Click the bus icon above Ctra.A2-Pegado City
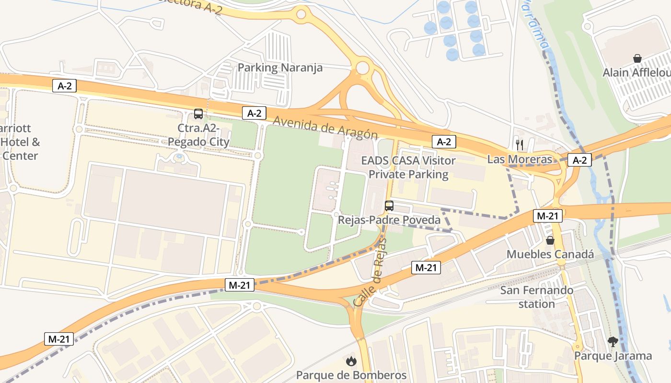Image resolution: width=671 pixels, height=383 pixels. point(198,114)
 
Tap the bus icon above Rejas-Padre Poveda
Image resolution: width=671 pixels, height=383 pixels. point(389,206)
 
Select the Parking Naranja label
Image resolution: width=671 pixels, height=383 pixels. point(280,68)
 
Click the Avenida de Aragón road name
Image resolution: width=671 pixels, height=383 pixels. point(325,128)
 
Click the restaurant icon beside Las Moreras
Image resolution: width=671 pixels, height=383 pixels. point(519,144)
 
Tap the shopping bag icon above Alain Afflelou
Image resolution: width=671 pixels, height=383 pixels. point(637,58)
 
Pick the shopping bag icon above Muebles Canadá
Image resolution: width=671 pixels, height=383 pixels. point(550,240)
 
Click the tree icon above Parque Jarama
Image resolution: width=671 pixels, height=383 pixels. point(613,341)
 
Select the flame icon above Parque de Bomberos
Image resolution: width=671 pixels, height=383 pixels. point(351,360)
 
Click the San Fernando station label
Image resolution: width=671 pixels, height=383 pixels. point(536,297)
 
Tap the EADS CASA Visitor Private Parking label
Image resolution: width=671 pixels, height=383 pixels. point(408,168)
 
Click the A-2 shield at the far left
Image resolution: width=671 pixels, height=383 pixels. point(65,86)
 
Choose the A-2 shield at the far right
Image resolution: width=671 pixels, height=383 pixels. point(579,160)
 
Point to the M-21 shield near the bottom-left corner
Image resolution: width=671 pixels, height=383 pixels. point(59,339)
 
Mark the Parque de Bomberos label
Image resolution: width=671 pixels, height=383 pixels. point(351,375)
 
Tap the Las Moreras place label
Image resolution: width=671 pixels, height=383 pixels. point(520,159)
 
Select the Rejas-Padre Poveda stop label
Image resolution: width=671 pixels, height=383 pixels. point(389,220)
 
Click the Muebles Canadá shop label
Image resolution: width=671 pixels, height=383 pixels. point(550,254)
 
